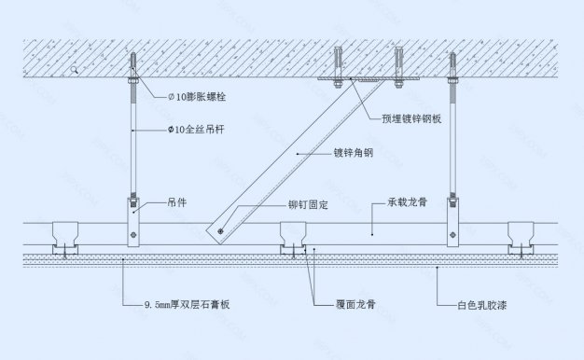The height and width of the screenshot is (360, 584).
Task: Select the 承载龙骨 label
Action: click(407, 201)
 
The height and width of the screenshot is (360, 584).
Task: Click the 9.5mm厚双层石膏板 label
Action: click(187, 305)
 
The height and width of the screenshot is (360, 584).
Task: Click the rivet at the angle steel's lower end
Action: click(221, 230)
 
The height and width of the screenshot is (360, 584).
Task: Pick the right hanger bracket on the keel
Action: click(453, 221)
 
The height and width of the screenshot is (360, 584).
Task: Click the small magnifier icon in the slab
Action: click(74, 70)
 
